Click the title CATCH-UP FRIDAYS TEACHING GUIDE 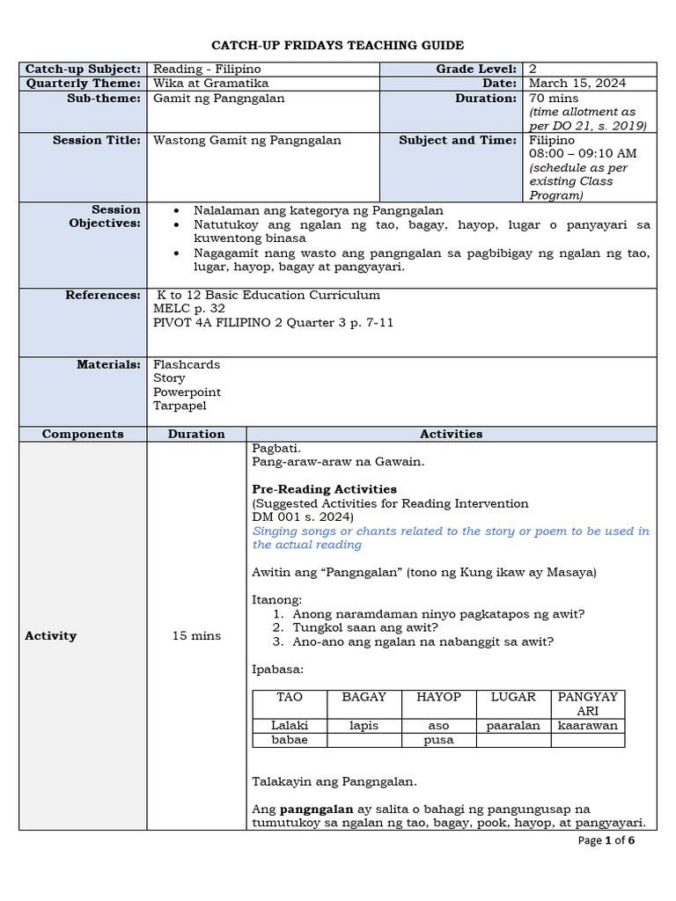(x=337, y=45)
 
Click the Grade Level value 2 (x=532, y=69)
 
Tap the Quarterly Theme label (x=83, y=83)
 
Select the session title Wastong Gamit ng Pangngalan (x=247, y=140)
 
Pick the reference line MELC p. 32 (x=189, y=309)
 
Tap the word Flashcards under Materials (x=187, y=364)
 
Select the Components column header (x=83, y=434)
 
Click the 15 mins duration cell (x=197, y=635)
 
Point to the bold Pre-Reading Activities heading (x=324, y=489)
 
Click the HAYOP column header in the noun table (x=438, y=697)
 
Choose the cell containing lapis (x=364, y=726)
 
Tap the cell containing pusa (x=438, y=740)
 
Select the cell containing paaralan (x=513, y=726)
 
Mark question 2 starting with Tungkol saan (x=365, y=627)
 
